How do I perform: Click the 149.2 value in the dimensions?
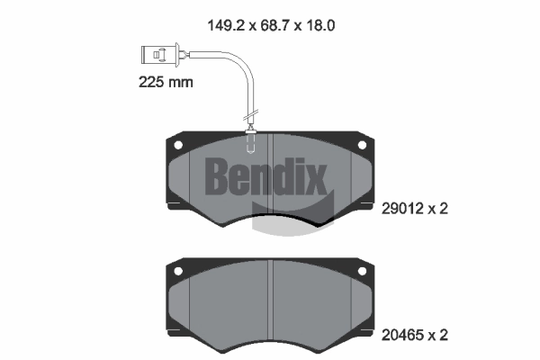pos(227,25)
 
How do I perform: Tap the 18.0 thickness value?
pos(319,25)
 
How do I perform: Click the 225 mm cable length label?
pos(166,82)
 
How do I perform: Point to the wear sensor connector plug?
pos(160,54)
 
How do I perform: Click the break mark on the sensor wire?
pos(251,115)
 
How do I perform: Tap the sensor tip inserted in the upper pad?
pos(250,142)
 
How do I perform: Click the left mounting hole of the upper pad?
pos(178,145)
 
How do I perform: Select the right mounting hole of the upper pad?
pos(362,145)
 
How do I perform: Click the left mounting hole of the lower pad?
pos(178,271)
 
